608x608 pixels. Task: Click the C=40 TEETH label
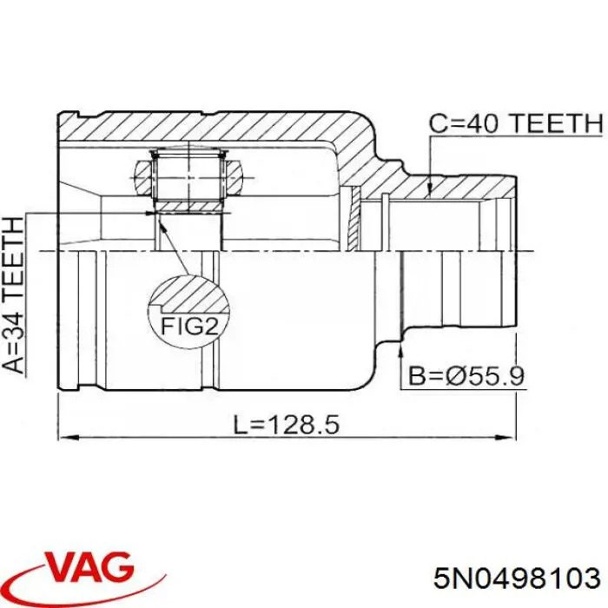pos(516,123)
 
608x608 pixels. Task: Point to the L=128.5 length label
pos(287,424)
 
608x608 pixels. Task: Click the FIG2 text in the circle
pos(189,326)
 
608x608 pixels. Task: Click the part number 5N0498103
pos(518,579)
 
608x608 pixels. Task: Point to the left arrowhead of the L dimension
pos(68,438)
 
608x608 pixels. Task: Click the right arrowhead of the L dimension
pos(506,438)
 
